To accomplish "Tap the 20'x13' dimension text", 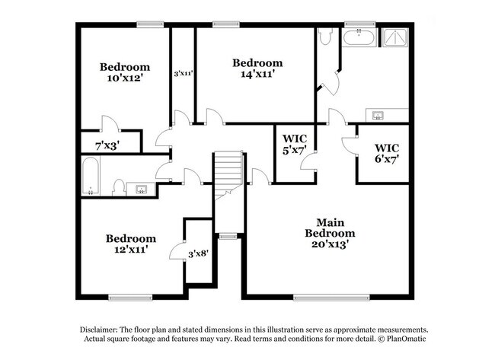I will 330,244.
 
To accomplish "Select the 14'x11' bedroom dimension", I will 257,74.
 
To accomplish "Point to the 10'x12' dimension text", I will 124,78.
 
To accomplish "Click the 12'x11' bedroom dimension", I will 130,249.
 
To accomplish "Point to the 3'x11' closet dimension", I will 183,74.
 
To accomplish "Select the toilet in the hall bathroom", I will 119,187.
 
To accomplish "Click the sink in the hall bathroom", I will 142,188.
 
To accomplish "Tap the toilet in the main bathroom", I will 325,37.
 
